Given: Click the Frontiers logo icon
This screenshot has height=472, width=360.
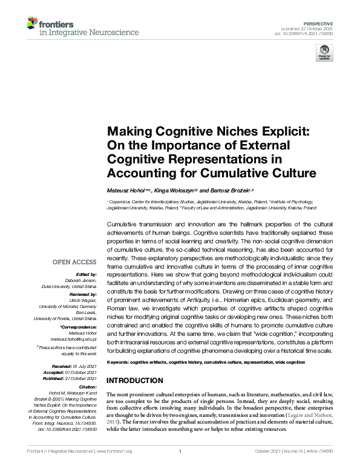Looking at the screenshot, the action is click(x=32, y=24).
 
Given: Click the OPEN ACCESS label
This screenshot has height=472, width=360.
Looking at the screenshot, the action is click(x=74, y=262).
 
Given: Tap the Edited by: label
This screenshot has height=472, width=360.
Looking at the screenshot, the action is click(x=85, y=274).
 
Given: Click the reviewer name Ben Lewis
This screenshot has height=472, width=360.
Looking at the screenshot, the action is click(x=85, y=312).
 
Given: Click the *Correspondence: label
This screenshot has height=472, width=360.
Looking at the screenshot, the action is click(x=77, y=326).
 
